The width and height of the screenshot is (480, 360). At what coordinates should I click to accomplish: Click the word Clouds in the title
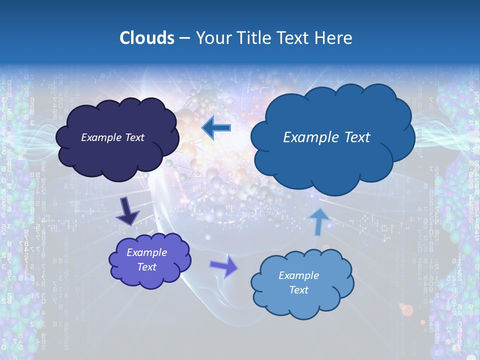tap(146, 38)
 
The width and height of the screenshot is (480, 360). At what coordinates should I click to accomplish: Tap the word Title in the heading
tap(253, 38)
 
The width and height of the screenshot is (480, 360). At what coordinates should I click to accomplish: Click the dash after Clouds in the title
tap(184, 38)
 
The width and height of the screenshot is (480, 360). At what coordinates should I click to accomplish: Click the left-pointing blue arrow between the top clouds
tap(216, 128)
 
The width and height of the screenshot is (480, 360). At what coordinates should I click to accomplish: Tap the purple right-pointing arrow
tap(224, 266)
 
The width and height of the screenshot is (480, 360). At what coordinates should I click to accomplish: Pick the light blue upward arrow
tap(319, 221)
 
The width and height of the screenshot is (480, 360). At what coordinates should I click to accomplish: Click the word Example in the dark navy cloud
tap(99, 137)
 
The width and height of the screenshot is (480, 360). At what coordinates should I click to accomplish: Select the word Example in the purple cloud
tap(146, 252)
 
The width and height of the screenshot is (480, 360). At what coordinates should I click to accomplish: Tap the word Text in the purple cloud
tap(146, 267)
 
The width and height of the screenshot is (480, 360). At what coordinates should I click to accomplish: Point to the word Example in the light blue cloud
tap(298, 275)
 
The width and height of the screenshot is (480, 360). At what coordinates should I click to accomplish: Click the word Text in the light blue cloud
tap(298, 290)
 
